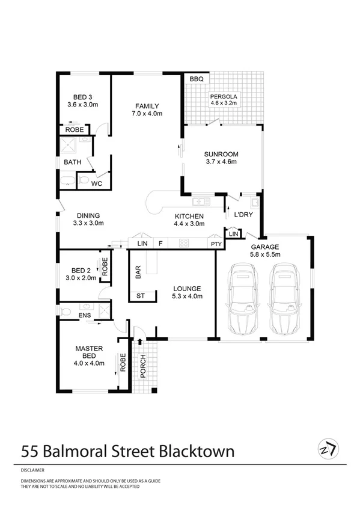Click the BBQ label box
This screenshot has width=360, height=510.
coord(196,79)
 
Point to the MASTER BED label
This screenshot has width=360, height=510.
coord(90,355)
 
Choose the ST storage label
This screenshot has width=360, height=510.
coord(141,296)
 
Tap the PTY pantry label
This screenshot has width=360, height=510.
coord(215,244)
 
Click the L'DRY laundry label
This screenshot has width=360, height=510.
coord(243,215)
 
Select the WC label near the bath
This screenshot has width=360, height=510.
coord(96,183)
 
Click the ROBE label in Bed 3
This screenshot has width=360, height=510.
coord(73,129)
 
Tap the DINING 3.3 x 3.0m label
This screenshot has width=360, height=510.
coord(88,219)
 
